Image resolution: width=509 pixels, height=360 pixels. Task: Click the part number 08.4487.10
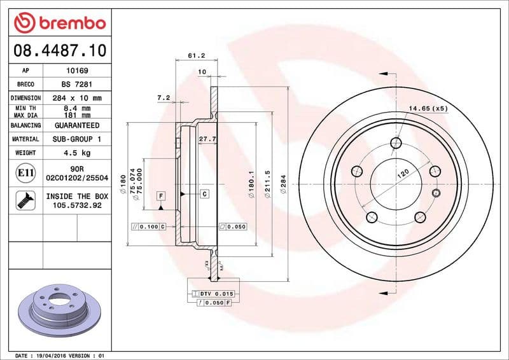click(x=57, y=49)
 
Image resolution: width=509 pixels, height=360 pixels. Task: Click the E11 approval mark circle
click(x=25, y=172)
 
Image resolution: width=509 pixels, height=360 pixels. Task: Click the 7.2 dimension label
click(x=163, y=97)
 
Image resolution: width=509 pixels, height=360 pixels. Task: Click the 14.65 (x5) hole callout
click(x=428, y=108)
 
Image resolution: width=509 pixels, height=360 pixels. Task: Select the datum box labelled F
click(x=161, y=195)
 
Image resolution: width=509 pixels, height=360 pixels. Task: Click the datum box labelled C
click(x=205, y=193)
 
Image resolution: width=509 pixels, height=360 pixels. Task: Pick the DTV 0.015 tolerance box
click(x=213, y=293)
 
